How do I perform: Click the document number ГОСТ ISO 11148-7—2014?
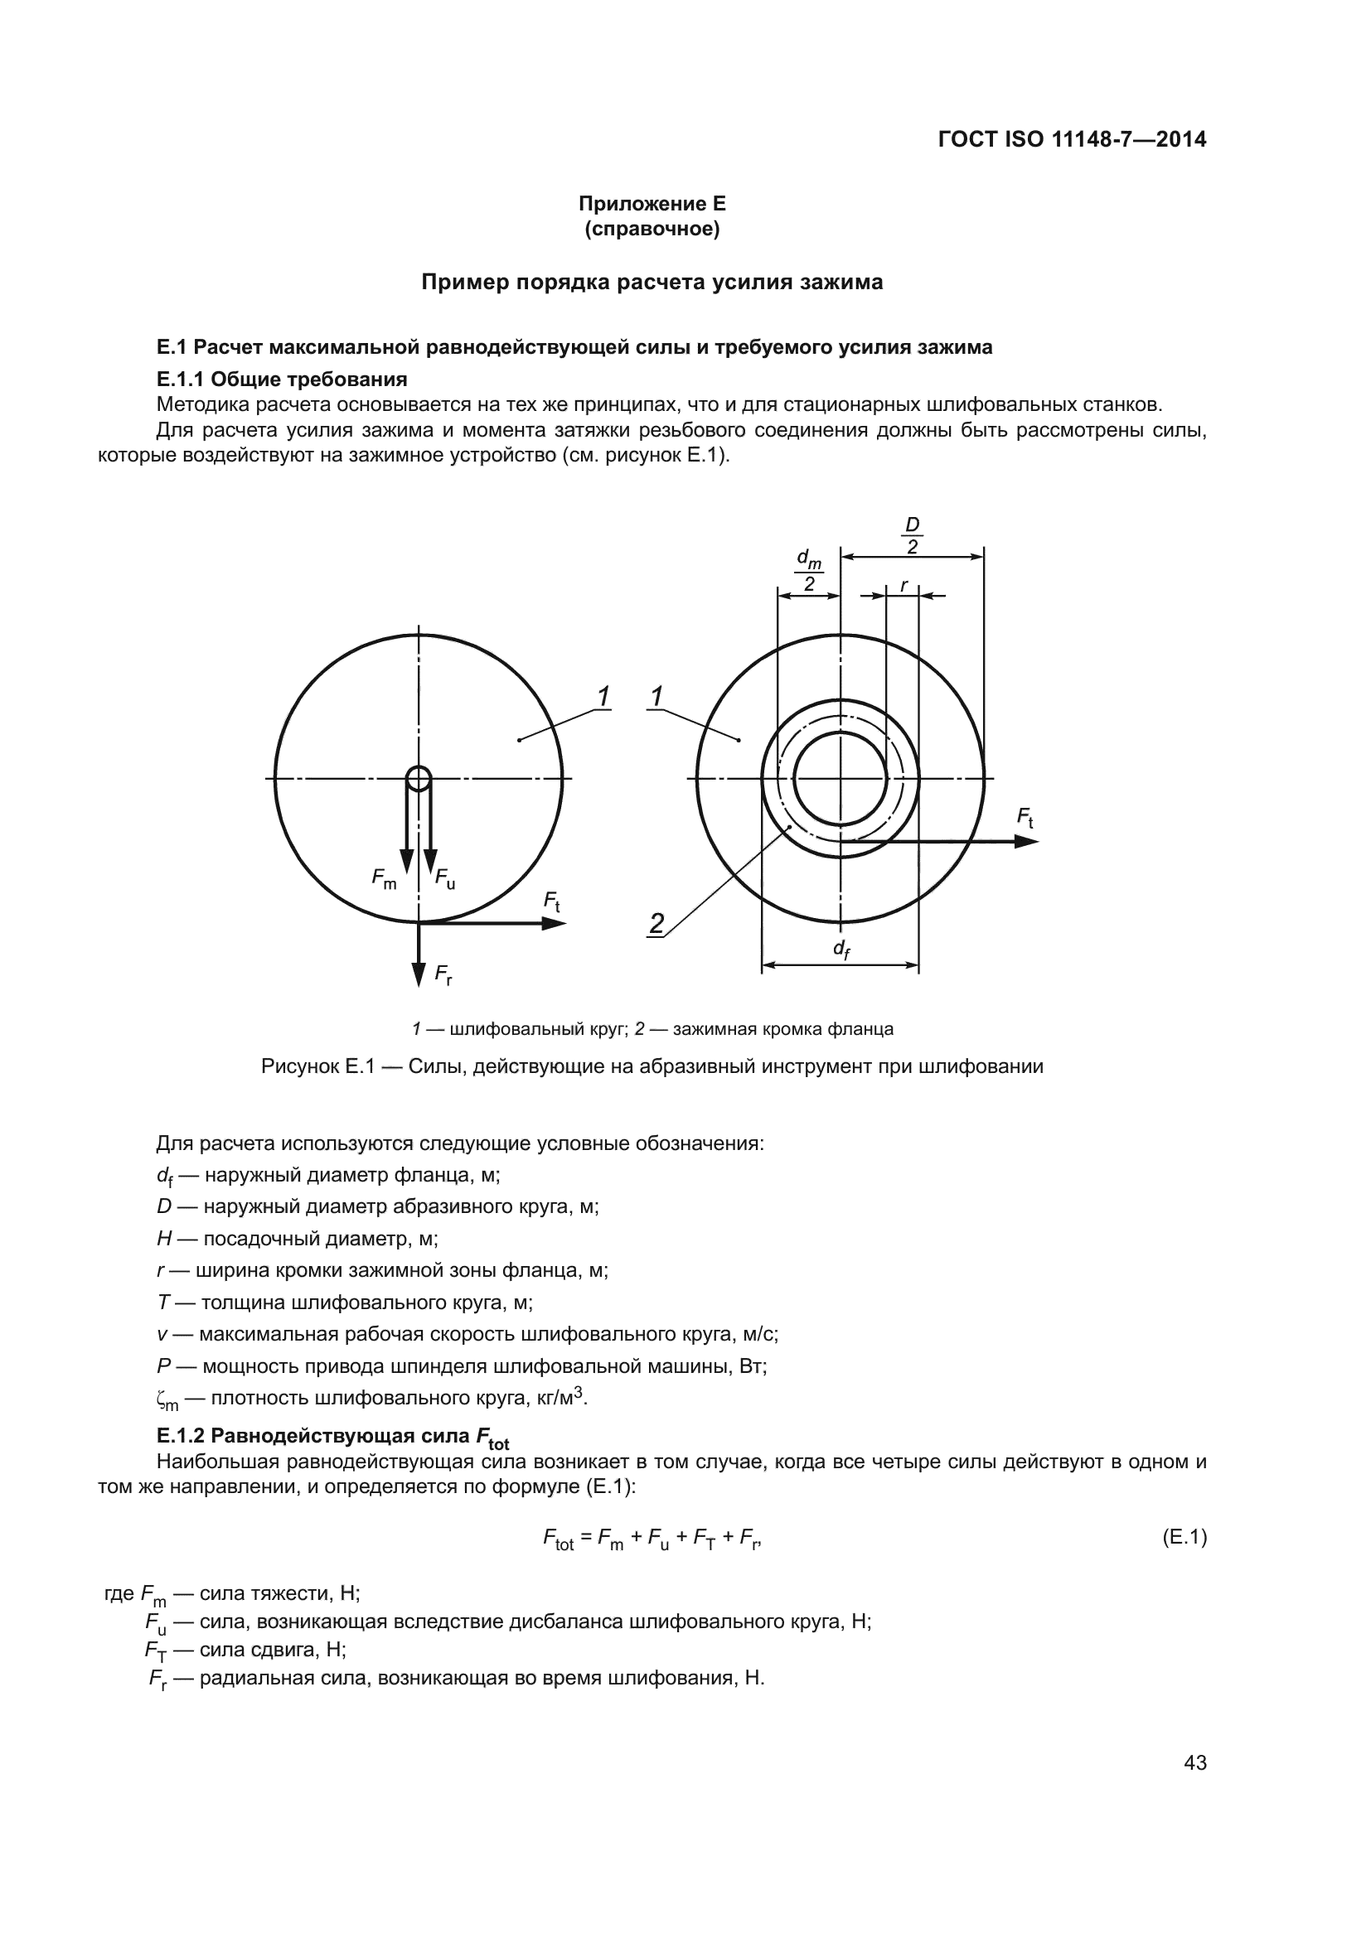(x=1072, y=139)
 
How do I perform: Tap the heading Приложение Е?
(x=652, y=204)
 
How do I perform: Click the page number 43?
(x=1194, y=1762)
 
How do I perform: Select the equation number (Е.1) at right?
(x=1184, y=1537)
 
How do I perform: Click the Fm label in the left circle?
(x=384, y=878)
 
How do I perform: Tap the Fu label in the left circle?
(x=445, y=878)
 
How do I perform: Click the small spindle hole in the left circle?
(x=419, y=777)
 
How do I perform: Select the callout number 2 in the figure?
(x=656, y=923)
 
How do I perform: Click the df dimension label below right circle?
(x=841, y=950)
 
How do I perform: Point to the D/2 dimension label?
(x=912, y=536)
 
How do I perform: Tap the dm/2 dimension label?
(x=809, y=572)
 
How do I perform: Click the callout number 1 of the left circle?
(x=603, y=697)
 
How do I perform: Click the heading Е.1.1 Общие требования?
(x=282, y=379)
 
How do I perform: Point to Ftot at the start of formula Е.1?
(x=558, y=1539)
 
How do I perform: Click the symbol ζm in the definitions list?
(x=167, y=1399)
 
